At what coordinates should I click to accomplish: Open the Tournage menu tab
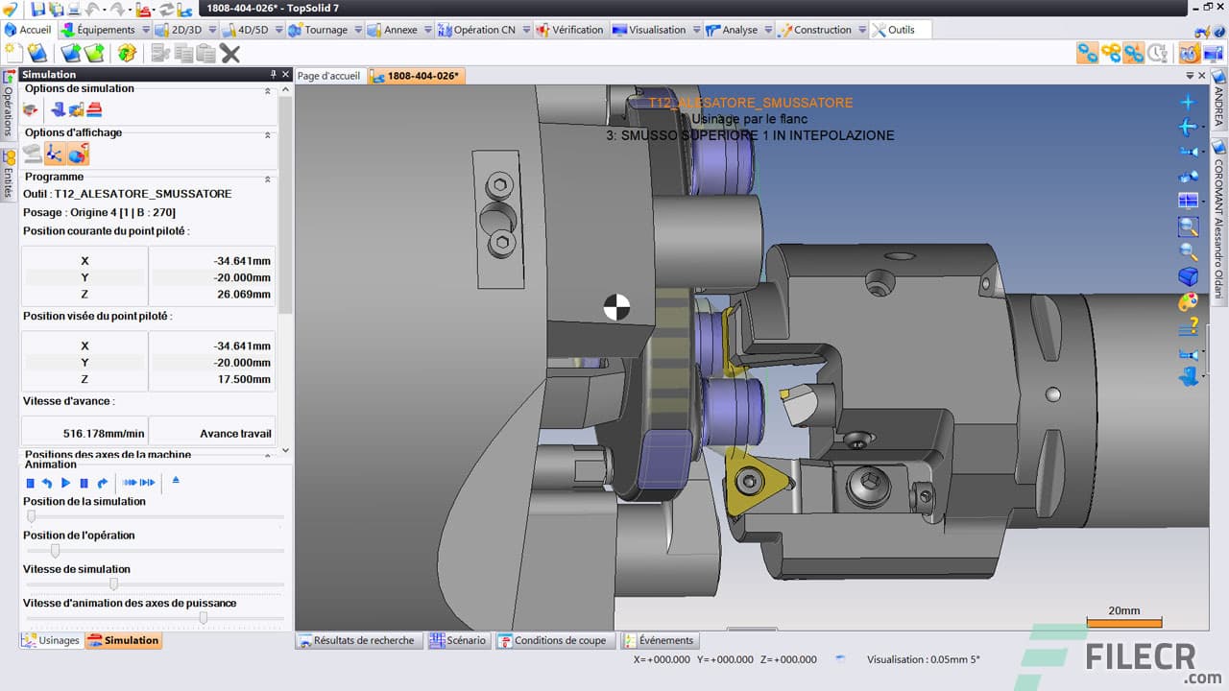tap(325, 30)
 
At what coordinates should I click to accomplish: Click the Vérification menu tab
tap(577, 30)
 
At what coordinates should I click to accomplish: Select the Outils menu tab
tap(901, 30)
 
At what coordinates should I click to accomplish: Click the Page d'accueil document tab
tap(328, 76)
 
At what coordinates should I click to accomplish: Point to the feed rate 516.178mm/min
tap(84, 433)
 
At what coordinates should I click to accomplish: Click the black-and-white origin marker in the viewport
tap(616, 307)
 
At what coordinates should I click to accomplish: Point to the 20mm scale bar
tap(1123, 622)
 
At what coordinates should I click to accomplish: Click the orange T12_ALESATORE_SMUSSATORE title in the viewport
tap(750, 103)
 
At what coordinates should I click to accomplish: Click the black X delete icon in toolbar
tap(230, 54)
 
